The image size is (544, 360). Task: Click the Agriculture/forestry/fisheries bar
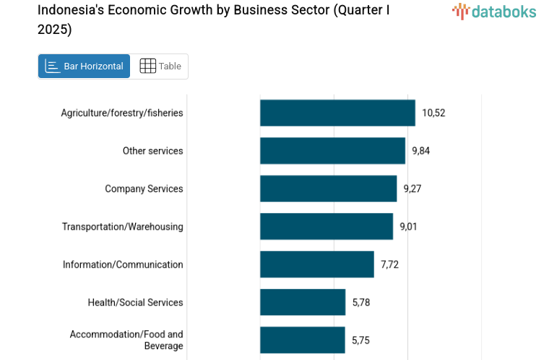(x=337, y=113)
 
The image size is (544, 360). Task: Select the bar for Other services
(x=332, y=150)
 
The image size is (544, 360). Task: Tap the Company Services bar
(x=328, y=189)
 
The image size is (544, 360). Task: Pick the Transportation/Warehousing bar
(x=327, y=226)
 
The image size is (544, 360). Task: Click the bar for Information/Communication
(x=317, y=265)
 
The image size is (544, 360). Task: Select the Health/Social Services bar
(x=303, y=302)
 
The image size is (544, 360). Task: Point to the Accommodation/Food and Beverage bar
(x=303, y=340)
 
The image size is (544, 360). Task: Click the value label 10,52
(x=433, y=113)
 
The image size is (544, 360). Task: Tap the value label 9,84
(x=421, y=150)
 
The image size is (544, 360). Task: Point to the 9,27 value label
(x=413, y=189)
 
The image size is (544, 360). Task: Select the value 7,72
(x=390, y=265)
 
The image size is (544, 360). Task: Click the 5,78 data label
(x=361, y=302)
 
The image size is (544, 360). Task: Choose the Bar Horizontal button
(x=85, y=67)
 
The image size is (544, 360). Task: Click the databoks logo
(x=494, y=12)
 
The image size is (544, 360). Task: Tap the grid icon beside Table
(x=147, y=67)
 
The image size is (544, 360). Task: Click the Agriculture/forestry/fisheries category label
(x=122, y=113)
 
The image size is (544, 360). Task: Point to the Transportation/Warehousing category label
(x=123, y=226)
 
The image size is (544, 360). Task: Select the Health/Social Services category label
(x=135, y=302)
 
